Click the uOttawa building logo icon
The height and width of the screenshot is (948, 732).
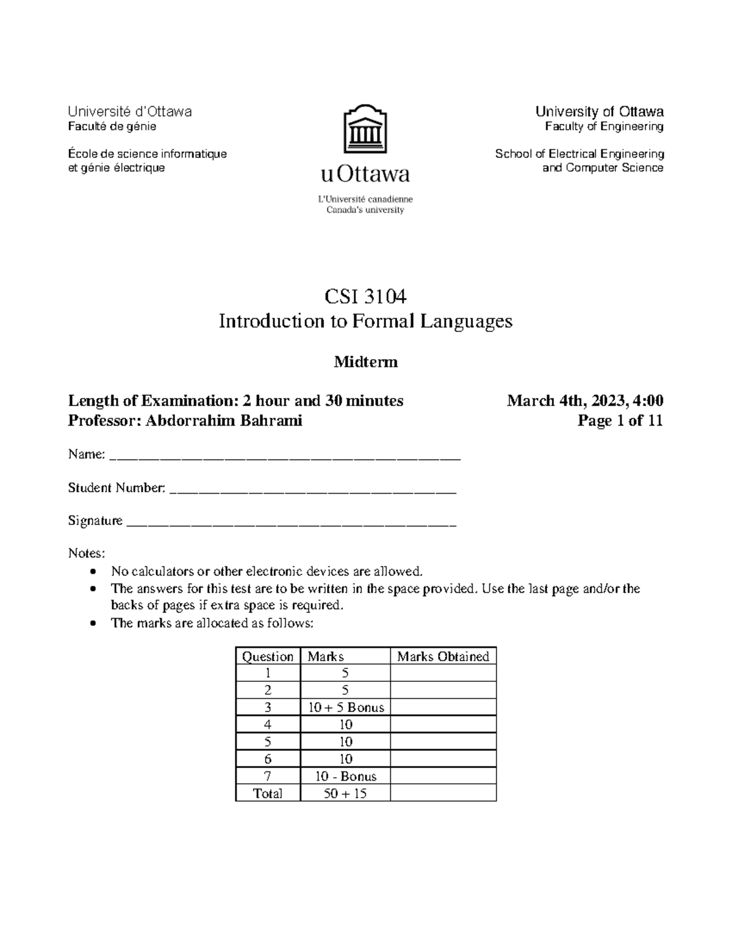365,129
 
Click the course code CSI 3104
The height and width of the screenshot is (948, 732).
365,297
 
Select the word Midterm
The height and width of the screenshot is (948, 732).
365,362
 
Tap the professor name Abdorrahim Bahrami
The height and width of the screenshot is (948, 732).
223,421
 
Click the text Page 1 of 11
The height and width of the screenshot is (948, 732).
620,421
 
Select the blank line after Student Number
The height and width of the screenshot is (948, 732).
312,489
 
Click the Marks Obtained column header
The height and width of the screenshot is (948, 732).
443,656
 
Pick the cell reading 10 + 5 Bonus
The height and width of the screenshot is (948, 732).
346,707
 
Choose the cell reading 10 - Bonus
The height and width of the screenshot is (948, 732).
346,776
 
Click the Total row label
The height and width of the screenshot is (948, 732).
268,794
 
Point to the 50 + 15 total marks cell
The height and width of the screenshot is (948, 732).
346,794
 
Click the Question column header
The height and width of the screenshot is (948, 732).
268,656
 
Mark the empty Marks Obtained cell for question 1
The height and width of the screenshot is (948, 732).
443,673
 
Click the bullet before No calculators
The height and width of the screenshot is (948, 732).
92,572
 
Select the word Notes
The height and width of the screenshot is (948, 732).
86,553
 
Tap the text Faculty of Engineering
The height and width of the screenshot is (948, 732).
604,126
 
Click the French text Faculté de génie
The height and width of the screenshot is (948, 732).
112,126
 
